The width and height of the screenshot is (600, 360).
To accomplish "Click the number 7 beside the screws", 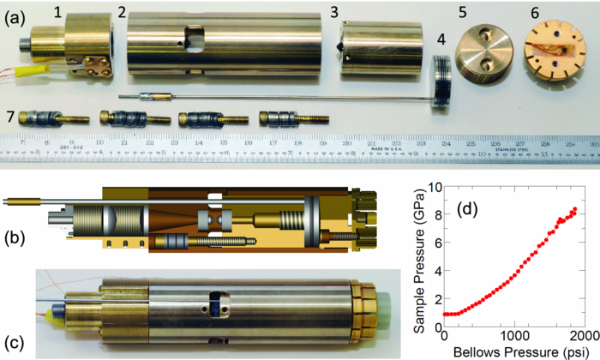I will pos(12,115).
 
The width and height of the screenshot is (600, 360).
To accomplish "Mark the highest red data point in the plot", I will pos(575,209).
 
